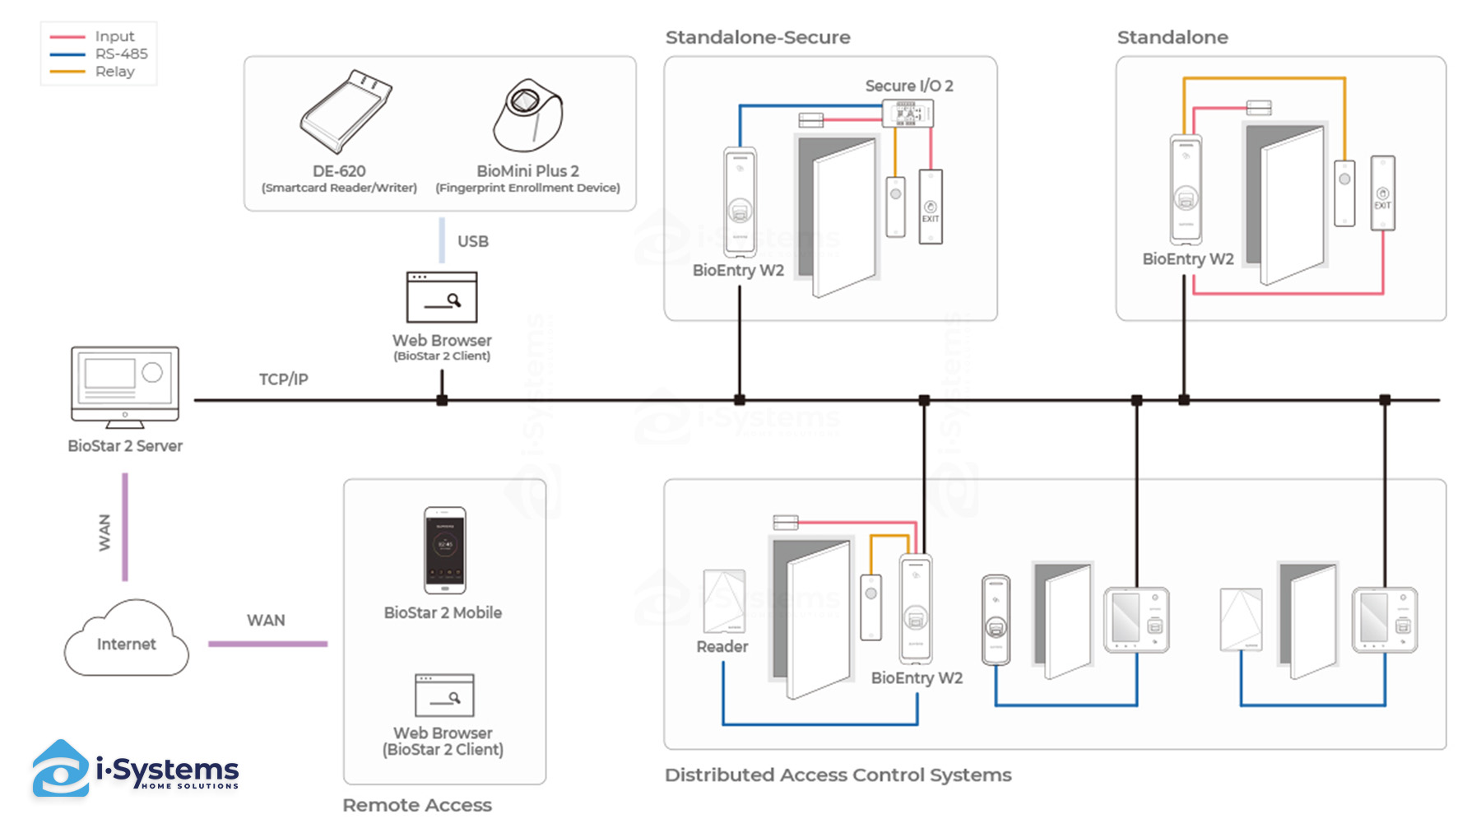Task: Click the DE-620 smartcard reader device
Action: pyautogui.click(x=345, y=112)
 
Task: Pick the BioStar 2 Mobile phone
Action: pyautogui.click(x=444, y=550)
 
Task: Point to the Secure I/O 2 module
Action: pyautogui.click(x=908, y=113)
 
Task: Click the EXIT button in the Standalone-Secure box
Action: pyautogui.click(x=931, y=207)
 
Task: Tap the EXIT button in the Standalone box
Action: pyautogui.click(x=1382, y=193)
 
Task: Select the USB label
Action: pyautogui.click(x=473, y=241)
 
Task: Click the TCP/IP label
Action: pyautogui.click(x=283, y=379)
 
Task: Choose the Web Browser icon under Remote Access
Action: pyautogui.click(x=444, y=696)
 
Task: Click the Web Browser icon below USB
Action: pyautogui.click(x=442, y=297)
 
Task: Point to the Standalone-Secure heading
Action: pyautogui.click(x=758, y=37)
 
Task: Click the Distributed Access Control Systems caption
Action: pyautogui.click(x=838, y=775)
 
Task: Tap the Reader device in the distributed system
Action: pyautogui.click(x=724, y=602)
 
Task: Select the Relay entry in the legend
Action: pyautogui.click(x=114, y=72)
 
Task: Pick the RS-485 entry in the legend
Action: pyautogui.click(x=121, y=54)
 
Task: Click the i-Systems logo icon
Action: pyautogui.click(x=60, y=769)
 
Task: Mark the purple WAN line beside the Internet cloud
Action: pyautogui.click(x=267, y=644)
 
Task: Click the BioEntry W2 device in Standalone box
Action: pyautogui.click(x=1186, y=190)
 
